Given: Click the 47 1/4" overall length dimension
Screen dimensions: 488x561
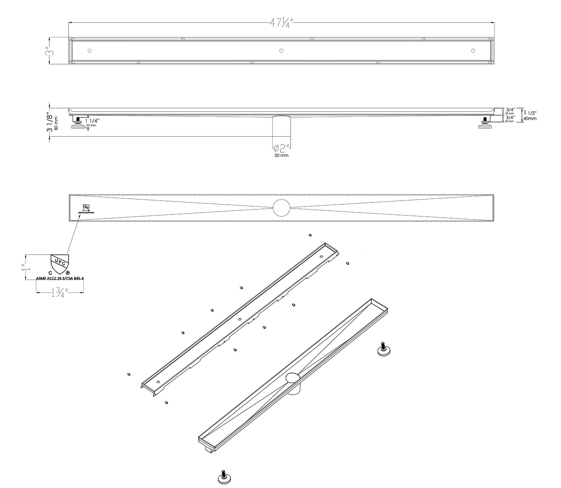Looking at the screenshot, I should pyautogui.click(x=281, y=23).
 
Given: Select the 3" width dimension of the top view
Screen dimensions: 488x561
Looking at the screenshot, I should pyautogui.click(x=47, y=51).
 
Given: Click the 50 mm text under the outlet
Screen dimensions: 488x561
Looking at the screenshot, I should pyautogui.click(x=282, y=155).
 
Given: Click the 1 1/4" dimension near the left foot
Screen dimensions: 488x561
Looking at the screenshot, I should pyautogui.click(x=93, y=121).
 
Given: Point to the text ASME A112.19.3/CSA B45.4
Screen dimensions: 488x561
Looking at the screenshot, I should pyautogui.click(x=59, y=278).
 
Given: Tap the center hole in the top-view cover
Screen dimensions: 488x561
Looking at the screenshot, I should pyautogui.click(x=281, y=51).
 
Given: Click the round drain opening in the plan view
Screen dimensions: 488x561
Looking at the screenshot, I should pyautogui.click(x=281, y=208).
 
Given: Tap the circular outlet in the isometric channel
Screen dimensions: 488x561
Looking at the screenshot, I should pyautogui.click(x=292, y=377).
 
